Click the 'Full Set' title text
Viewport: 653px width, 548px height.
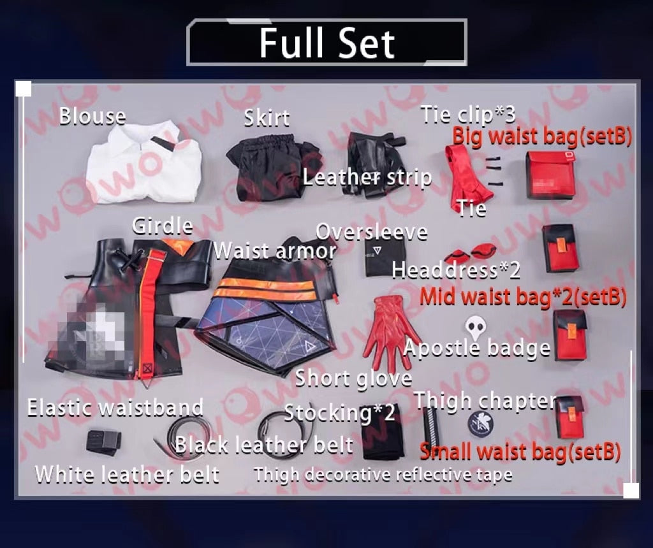pos(327,43)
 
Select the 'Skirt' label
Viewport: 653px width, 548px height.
pos(267,118)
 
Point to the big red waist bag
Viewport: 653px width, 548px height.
pos(550,175)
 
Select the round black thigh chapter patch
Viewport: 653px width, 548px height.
pos(481,424)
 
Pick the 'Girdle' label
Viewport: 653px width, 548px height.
pos(163,227)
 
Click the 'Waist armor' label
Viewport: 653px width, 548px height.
pos(275,251)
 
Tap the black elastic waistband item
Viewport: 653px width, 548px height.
pos(104,442)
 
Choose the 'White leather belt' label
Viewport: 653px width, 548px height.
pos(128,474)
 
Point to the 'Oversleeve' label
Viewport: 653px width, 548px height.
pos(372,232)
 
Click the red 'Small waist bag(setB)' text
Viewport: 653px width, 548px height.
pos(520,452)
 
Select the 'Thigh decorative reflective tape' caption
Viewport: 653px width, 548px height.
pos(383,474)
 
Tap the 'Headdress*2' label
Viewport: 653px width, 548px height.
pos(456,270)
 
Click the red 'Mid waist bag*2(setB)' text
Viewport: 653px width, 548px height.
pos(523,297)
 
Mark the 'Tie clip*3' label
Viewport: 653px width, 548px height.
pos(468,115)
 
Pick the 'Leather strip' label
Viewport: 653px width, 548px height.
pos(367,178)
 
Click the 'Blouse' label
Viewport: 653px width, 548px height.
pos(92,116)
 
